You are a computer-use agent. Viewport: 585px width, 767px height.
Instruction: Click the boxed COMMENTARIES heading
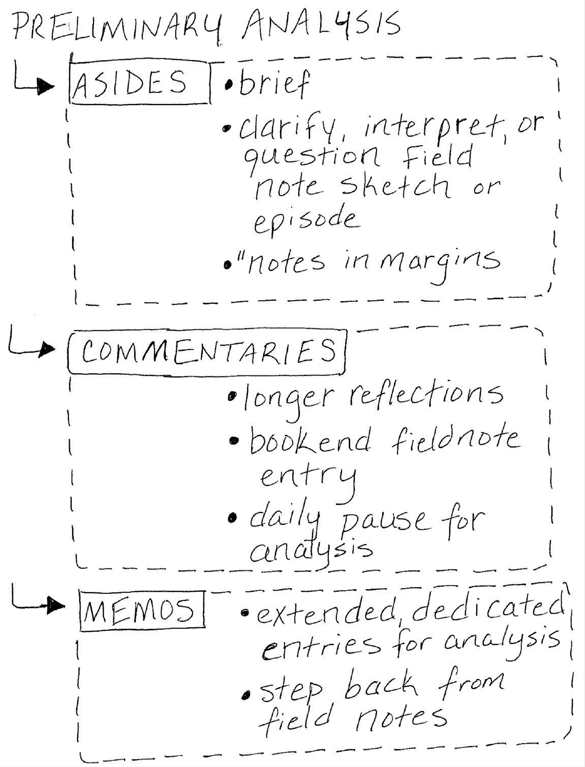(x=207, y=351)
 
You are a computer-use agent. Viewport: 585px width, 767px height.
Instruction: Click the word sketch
(x=394, y=186)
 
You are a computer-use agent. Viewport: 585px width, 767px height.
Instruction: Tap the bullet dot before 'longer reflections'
(x=233, y=396)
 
